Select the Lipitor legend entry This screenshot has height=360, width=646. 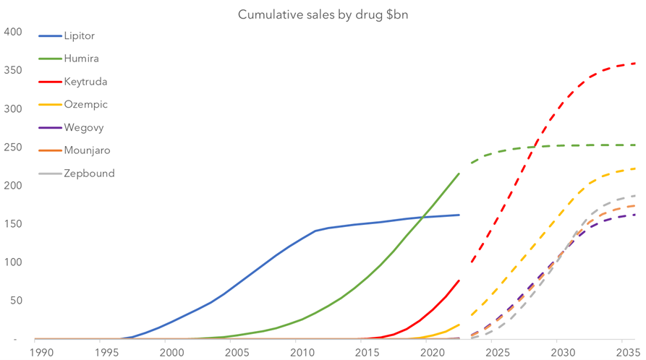79,35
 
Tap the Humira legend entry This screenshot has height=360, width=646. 81,59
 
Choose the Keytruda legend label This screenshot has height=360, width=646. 85,82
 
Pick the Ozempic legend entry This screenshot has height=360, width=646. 85,105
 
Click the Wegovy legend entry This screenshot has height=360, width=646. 84,128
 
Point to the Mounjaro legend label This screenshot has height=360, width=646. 88,150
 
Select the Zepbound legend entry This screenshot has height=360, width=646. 89,173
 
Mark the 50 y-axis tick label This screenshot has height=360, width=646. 15,301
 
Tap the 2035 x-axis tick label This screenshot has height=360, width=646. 626,352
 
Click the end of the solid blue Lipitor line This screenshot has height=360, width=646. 459,215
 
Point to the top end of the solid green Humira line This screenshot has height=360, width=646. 459,173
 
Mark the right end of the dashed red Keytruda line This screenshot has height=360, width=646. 634,64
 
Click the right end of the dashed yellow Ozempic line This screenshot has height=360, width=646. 634,168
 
